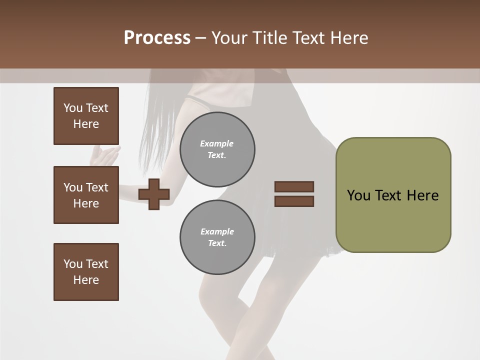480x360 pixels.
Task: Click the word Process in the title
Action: pos(157,38)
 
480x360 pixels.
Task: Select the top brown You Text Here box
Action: pos(86,116)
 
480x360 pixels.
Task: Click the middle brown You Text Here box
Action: pos(86,195)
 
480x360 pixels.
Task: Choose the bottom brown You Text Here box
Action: pos(86,272)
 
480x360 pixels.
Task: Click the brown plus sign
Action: pos(154,194)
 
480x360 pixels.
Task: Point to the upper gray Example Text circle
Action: pos(217,149)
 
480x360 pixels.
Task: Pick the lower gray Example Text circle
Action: pos(217,237)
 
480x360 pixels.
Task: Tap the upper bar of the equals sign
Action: pos(294,186)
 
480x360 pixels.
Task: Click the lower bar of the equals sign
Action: pos(294,201)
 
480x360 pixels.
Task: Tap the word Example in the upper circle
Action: pos(217,143)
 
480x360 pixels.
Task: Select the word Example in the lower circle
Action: pos(217,231)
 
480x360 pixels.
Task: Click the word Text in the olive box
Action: pos(388,195)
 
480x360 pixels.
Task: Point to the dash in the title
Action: pos(201,38)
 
